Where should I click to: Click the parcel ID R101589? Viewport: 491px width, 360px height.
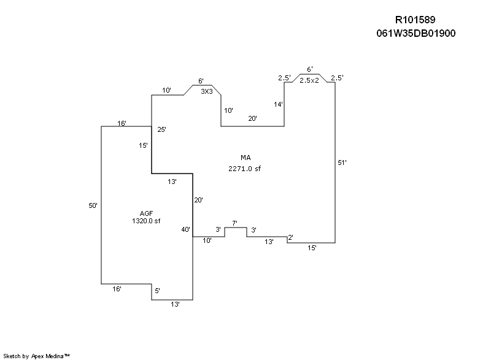click(416, 20)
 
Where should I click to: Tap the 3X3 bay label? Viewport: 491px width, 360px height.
click(207, 91)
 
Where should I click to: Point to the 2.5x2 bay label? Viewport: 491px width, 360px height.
click(309, 80)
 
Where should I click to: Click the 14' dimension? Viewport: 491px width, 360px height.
click(279, 105)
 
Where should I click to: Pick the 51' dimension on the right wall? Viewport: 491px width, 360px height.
click(342, 163)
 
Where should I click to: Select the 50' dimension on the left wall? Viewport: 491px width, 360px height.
click(93, 206)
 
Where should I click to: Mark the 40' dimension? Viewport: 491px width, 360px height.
click(185, 229)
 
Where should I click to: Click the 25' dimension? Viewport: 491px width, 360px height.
click(161, 130)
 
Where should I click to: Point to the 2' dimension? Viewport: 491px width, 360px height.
click(290, 237)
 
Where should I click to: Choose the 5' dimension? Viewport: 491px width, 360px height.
click(157, 291)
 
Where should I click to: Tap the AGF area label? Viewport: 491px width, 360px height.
click(145, 213)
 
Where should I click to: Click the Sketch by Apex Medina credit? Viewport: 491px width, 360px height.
click(37, 355)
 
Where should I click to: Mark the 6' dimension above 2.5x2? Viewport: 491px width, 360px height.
click(310, 69)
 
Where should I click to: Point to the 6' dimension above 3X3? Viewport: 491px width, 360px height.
click(201, 81)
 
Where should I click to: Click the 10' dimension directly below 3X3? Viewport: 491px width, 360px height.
click(228, 111)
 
